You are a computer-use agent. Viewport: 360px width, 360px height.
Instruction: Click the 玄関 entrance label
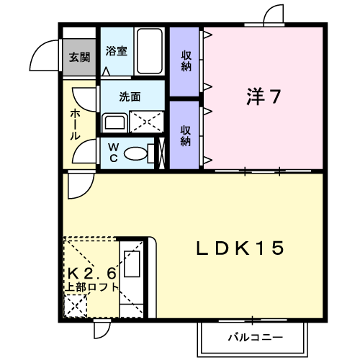(79, 58)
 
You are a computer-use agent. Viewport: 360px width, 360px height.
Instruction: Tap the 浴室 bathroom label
(117, 51)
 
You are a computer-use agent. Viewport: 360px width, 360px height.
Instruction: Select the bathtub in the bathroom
(149, 51)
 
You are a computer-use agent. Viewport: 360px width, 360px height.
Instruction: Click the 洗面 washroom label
(130, 96)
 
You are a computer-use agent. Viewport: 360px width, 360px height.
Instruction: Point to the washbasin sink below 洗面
(114, 122)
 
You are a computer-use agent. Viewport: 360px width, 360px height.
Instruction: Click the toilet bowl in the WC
(135, 153)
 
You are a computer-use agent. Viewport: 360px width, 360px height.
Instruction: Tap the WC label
(113, 152)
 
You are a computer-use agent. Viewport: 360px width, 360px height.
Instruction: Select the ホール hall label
(75, 124)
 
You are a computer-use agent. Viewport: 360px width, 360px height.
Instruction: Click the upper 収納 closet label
(186, 60)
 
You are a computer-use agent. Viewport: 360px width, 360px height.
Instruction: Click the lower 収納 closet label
(186, 135)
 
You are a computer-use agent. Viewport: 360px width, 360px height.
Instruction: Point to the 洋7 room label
(264, 96)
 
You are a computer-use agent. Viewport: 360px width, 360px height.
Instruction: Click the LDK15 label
(240, 248)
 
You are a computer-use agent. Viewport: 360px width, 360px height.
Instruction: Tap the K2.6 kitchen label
(92, 273)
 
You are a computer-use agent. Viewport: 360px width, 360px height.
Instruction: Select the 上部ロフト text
(92, 287)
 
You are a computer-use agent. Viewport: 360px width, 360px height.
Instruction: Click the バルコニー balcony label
(256, 338)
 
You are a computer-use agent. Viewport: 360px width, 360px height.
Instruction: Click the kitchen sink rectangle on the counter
(132, 264)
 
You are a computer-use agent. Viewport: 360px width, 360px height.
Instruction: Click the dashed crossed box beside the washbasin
(146, 122)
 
